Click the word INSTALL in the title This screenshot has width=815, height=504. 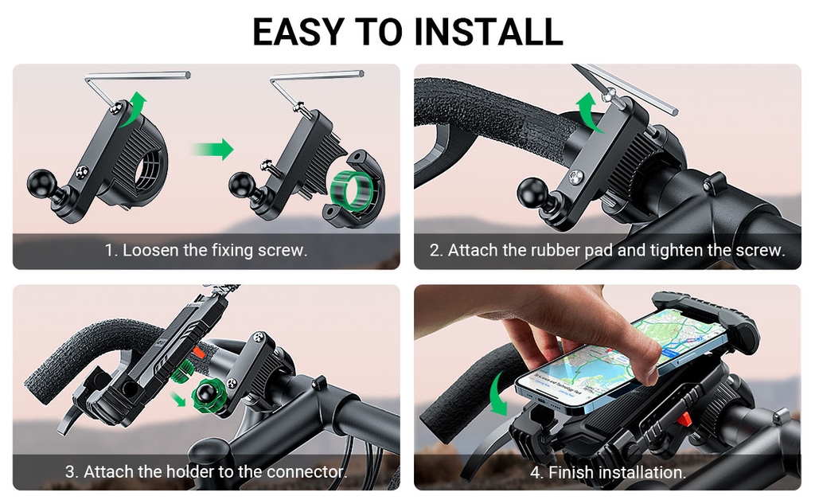tap(489, 32)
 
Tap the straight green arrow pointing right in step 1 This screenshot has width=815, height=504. tap(212, 149)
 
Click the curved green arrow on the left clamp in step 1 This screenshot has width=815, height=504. tap(133, 109)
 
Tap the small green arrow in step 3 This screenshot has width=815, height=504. tap(178, 400)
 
